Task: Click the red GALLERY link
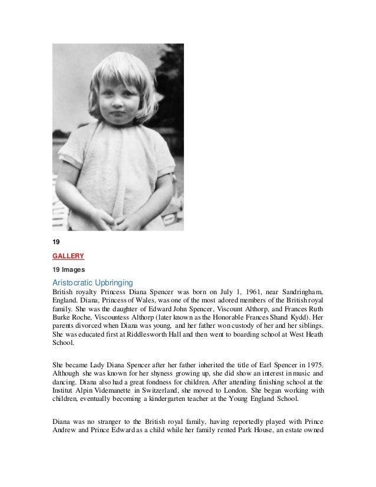point(68,256)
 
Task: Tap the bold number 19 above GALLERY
point(57,241)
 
